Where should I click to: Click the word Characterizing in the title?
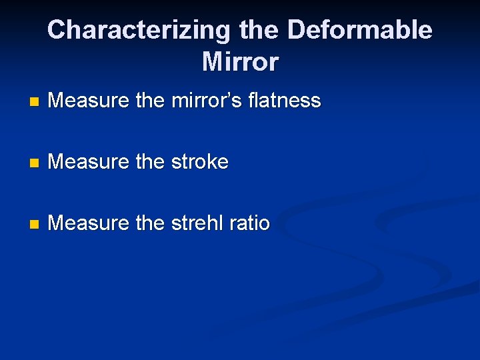point(138,30)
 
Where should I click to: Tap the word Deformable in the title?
point(359,30)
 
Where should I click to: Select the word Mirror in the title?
point(240,62)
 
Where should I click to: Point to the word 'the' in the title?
point(258,30)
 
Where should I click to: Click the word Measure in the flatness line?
point(89,101)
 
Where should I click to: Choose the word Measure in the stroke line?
point(89,162)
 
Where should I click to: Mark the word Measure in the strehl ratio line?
point(89,223)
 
